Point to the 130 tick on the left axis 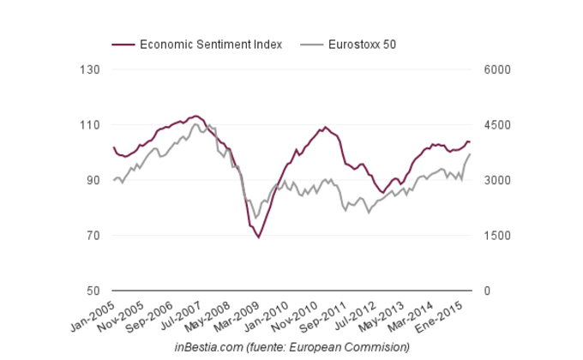pos(90,69)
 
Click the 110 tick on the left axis pos(90,125)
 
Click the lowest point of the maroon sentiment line pos(259,237)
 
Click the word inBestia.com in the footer pos(209,346)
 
